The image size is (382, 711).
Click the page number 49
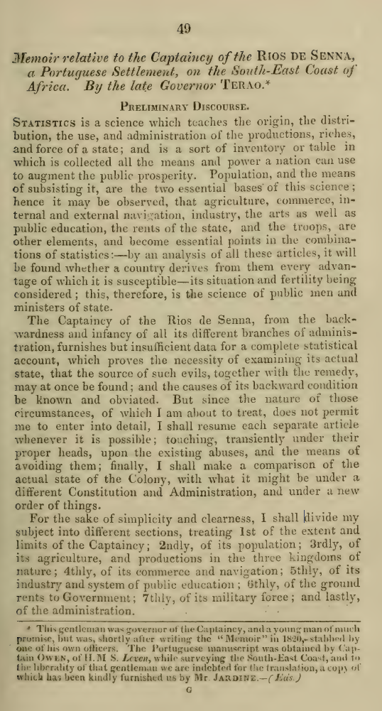(x=185, y=30)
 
